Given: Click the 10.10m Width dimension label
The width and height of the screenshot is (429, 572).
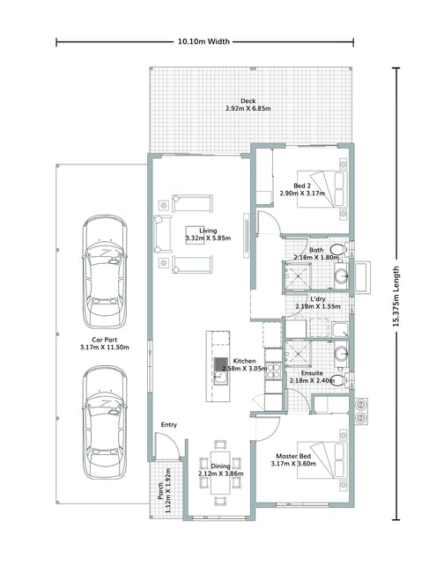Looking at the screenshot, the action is coord(203,41).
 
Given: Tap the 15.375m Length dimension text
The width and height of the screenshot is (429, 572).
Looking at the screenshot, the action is coord(396,296).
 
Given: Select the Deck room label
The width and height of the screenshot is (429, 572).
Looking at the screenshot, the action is coord(248,105).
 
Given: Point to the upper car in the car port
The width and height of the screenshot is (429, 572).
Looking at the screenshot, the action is coord(105,272).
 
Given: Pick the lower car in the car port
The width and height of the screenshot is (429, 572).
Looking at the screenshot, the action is coord(105,422).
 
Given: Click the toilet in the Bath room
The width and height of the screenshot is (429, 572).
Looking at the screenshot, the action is coord(338,250).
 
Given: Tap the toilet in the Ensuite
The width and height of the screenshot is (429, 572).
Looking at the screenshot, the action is coord(339,380).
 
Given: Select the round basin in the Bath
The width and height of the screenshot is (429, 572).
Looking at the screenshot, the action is coord(341,276).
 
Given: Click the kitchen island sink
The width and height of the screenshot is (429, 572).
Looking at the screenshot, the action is coord(220,378).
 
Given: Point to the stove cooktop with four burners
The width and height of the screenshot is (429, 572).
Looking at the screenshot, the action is coord(273,370).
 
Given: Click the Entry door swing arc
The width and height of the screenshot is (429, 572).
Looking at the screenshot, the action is coord(171,441).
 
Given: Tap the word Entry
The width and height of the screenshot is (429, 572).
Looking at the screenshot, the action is coord(168,425).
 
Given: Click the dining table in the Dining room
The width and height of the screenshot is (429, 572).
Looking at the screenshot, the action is coord(220,473).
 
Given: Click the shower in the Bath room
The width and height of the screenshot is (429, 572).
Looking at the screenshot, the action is coord(298,276).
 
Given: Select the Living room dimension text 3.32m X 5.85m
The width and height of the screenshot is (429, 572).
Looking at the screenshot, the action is coord(208,238).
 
